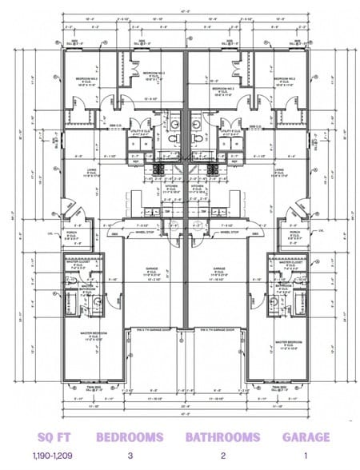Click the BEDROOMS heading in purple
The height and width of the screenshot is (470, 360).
click(130, 437)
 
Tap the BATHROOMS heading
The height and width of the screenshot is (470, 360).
click(222, 437)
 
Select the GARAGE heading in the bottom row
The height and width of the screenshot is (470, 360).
click(306, 437)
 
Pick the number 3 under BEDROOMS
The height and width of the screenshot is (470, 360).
click(130, 456)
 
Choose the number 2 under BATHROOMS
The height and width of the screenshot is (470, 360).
click(222, 456)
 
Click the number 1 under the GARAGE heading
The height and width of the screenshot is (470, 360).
click(306, 456)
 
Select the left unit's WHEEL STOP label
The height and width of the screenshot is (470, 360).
click(143, 233)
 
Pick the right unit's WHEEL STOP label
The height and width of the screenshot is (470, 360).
click(230, 233)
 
